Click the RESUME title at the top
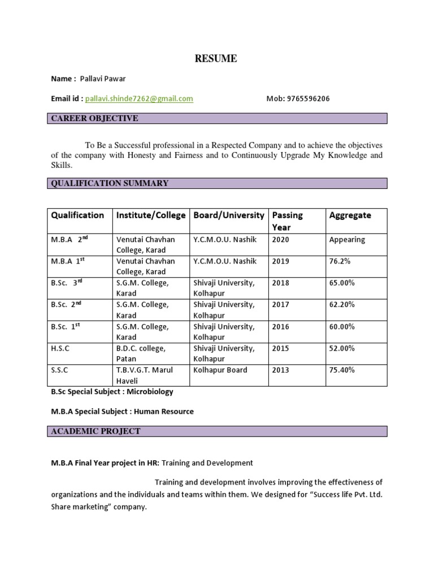coord(216,59)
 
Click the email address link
coord(139,98)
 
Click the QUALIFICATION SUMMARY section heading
coord(110,183)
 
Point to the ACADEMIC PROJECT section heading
coord(96,431)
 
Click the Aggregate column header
coord(350,215)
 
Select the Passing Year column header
coord(287,221)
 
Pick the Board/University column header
coord(229,215)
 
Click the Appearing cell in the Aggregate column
coord(347,239)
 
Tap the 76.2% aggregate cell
coord(340,261)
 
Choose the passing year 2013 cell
coord(280,370)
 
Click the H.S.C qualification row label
coord(60,348)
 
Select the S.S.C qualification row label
coord(60,370)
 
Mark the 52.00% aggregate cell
coord(342,348)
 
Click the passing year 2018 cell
coord(280,283)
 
